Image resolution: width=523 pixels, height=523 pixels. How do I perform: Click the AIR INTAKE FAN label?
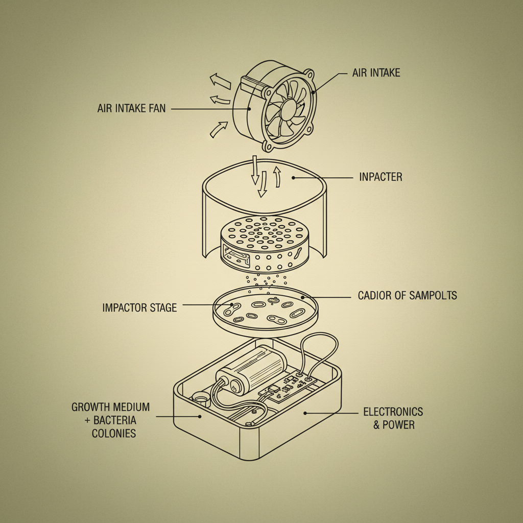pos(131,109)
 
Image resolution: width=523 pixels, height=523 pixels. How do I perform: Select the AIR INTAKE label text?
pos(376,73)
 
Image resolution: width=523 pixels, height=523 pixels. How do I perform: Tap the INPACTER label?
pos(381,177)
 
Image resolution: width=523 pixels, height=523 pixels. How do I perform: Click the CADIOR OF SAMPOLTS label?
pos(407,296)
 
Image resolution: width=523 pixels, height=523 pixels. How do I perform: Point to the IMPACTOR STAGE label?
pos(139,307)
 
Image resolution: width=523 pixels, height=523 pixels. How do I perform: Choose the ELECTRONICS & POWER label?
pos(393,418)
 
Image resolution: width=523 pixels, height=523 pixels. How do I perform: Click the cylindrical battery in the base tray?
pos(255,369)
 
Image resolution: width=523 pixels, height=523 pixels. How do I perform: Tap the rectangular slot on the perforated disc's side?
pos(234,256)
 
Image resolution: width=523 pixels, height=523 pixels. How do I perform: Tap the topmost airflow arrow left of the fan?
pos(220,80)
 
